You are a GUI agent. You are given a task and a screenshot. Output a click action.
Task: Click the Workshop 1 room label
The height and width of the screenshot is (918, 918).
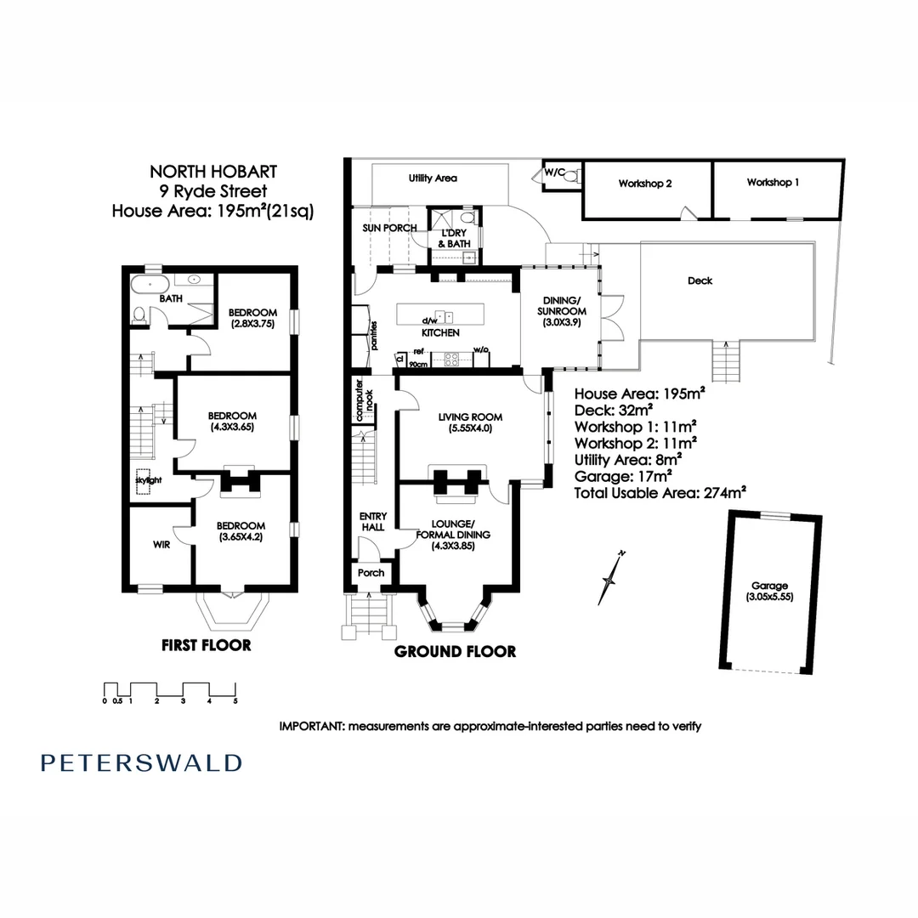pos(773,183)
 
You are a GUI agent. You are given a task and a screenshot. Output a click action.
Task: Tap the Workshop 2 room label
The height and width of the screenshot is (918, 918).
pos(645,184)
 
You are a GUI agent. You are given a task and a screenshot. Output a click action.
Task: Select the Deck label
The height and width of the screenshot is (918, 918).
pos(700,280)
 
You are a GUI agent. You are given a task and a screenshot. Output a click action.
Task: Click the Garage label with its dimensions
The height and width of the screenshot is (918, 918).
pos(769,592)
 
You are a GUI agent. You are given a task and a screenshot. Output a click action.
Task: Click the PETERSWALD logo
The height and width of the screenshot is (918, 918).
pos(141,762)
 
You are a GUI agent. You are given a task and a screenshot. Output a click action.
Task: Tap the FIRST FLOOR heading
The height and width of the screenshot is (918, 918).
pos(207,645)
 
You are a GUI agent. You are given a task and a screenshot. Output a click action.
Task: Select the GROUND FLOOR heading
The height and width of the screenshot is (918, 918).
pos(455,652)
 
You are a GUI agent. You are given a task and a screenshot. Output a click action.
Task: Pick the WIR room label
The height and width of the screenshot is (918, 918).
pos(161,545)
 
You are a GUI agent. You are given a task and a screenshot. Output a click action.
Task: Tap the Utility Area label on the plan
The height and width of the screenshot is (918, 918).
pos(433,178)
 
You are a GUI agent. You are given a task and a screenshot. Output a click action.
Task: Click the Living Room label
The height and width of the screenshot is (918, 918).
pos(470,422)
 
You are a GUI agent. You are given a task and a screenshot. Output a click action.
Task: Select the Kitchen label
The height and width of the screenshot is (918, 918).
pos(440,332)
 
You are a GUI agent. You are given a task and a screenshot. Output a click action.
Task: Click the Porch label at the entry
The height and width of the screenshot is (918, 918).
pos(371,573)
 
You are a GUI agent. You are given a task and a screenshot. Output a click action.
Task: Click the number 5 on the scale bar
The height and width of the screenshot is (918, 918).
pos(235,701)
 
